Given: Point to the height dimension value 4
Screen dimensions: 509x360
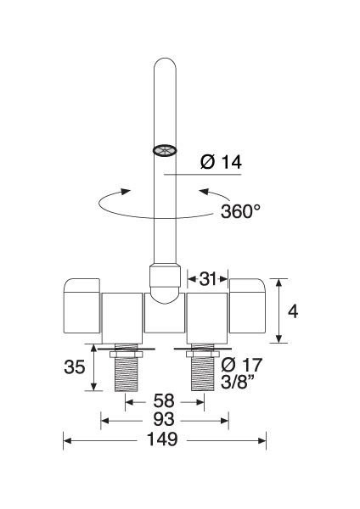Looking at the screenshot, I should click(x=293, y=311).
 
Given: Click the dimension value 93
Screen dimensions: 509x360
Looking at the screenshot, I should click(x=163, y=419).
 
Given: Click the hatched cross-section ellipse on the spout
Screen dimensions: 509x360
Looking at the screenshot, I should click(x=164, y=150).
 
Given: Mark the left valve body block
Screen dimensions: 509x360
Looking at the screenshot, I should click(x=122, y=316).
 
